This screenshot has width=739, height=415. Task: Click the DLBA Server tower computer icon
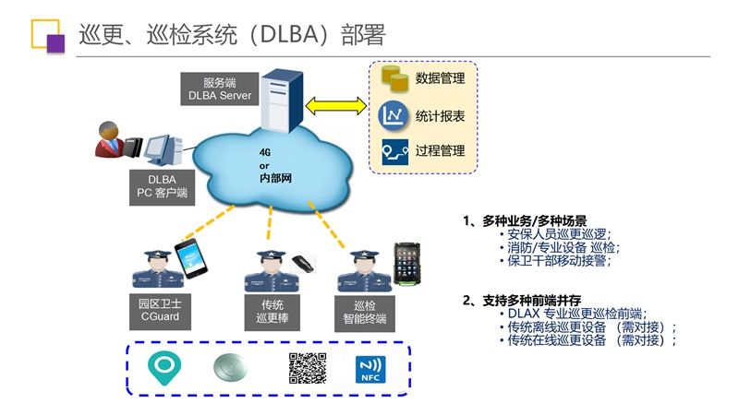pos(282,101)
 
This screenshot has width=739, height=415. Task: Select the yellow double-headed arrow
pos(336,106)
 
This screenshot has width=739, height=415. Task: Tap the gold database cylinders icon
pos(394,78)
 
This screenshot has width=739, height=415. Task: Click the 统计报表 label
pos(440,116)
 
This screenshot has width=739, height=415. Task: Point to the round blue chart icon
pos(394,116)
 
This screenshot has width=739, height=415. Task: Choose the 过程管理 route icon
pos(395,151)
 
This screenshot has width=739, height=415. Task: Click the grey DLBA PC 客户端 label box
pos(162,187)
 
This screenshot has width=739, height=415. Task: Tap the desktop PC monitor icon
pos(163,149)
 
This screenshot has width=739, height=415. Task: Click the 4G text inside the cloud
pos(265,152)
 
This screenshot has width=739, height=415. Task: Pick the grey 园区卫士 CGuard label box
pos(160,311)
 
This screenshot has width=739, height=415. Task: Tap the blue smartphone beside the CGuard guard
pos(191,258)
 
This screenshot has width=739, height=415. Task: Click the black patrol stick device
pos(303,264)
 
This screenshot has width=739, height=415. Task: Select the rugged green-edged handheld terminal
pos(406,264)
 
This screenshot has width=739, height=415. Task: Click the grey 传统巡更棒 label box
pos(272,313)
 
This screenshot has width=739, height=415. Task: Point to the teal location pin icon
pos(164,367)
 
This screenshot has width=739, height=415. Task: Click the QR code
pos(308,368)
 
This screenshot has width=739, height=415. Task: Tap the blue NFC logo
pos(370,369)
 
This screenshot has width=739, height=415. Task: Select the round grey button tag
pos(230,367)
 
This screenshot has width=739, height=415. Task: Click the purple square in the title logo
pos(55,43)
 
